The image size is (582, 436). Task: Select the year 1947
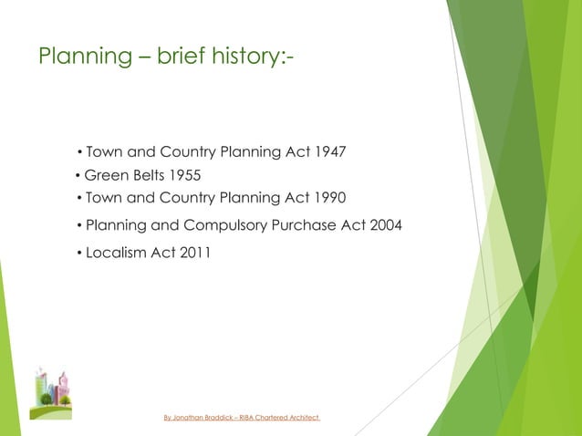pos(329,151)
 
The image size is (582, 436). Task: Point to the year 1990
pos(329,197)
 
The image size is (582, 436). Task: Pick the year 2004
pos(383,225)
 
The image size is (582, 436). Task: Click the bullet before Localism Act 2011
pos(79,254)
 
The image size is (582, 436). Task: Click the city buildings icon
pos(50,393)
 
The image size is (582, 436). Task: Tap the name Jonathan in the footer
pos(192,418)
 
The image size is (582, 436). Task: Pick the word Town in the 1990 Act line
pos(103,197)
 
